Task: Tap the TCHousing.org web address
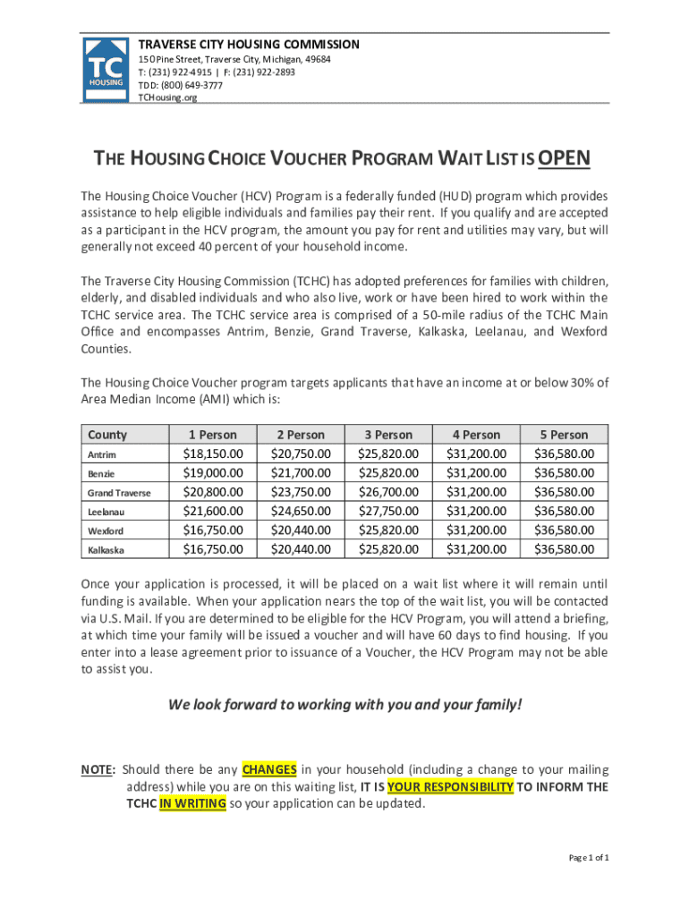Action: tap(167, 98)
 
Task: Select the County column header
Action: tap(107, 435)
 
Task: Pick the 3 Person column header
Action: tap(387, 435)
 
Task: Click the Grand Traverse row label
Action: tap(119, 493)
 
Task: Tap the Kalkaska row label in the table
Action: tap(106, 550)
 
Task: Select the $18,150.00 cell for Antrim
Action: tap(212, 454)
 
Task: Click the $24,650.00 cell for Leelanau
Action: tap(300, 512)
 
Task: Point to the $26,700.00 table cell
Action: tap(387, 492)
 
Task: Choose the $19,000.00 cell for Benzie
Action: tap(212, 473)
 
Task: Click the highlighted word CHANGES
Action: tap(269, 769)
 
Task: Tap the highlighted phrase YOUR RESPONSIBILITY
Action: tap(450, 787)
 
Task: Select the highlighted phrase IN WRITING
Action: tap(192, 804)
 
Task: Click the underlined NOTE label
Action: tap(98, 769)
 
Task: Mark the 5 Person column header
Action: tap(564, 435)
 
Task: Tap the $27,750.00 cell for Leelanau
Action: tap(387, 512)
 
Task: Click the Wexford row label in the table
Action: tap(106, 531)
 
